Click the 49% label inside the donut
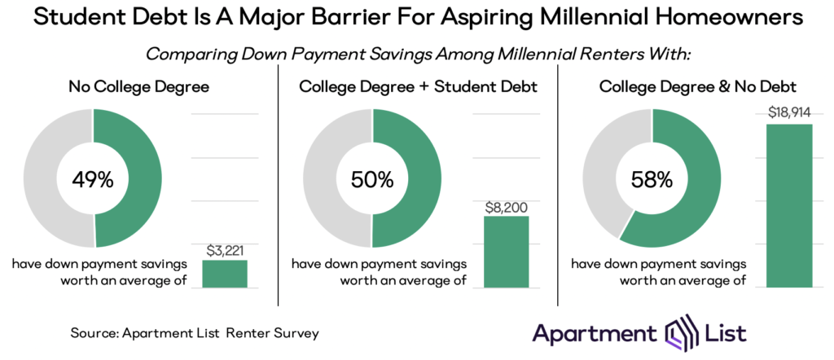[x=93, y=179]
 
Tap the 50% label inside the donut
[x=372, y=179]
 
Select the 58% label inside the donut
[x=652, y=179]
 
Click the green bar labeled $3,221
[x=225, y=274]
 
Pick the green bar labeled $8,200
[x=506, y=252]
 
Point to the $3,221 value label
[x=225, y=251]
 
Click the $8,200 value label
[x=506, y=207]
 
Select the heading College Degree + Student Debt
[x=419, y=86]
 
